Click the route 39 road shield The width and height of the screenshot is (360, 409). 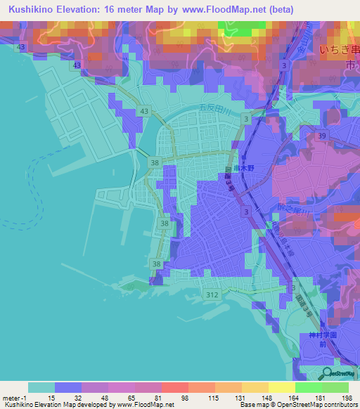click(x=323, y=135)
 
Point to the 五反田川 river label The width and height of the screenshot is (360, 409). click(x=208, y=108)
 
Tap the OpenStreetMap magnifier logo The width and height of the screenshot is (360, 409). click(x=326, y=372)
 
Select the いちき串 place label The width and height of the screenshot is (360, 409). click(x=337, y=50)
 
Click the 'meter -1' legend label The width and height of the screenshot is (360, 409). click(x=15, y=398)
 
